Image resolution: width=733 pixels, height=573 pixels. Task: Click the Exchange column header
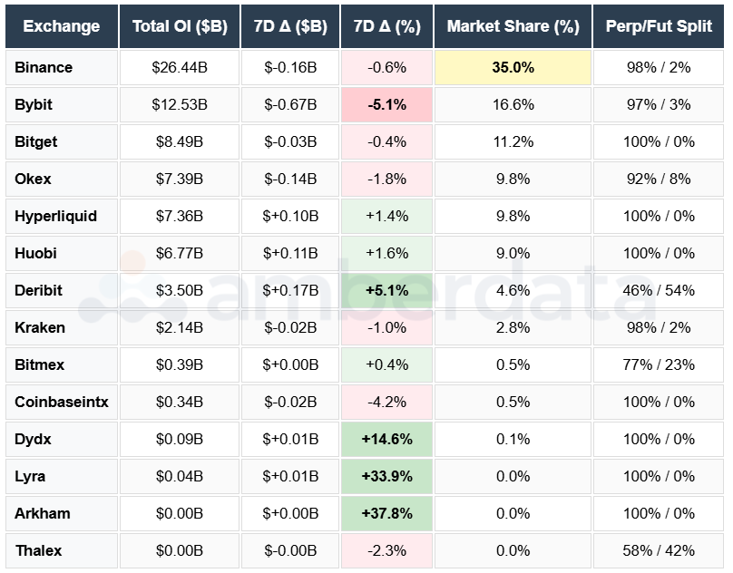61,26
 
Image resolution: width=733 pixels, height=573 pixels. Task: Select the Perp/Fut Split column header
660,26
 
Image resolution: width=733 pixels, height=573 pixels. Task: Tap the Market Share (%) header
513,26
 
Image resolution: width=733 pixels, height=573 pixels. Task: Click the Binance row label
44,68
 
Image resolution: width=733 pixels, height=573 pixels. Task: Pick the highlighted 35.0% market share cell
513,68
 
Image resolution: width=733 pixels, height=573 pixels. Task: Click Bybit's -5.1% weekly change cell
386,105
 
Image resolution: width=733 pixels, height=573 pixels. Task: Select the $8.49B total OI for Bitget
179,142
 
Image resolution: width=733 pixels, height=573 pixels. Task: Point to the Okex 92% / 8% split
660,180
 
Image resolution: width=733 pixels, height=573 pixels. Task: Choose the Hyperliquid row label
55,217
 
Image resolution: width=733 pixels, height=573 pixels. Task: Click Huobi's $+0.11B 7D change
290,254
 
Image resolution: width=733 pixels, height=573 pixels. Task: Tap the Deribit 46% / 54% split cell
660,291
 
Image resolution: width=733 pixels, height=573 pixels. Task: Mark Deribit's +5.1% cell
386,291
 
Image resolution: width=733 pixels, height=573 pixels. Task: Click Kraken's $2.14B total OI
179,328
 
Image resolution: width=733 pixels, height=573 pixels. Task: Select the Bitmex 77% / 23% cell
660,365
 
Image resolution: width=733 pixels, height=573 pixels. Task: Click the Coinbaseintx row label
61,403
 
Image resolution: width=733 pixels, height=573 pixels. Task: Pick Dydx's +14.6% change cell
386,440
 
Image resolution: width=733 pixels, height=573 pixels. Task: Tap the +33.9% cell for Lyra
386,477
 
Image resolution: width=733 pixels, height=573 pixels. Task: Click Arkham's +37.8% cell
386,514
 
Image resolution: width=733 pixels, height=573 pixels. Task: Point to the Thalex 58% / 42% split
660,551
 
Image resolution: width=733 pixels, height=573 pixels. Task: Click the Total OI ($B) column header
179,26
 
